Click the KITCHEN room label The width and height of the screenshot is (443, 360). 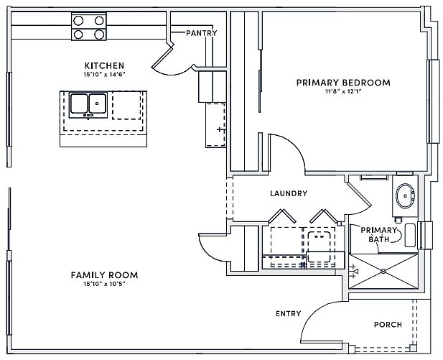pos(104,65)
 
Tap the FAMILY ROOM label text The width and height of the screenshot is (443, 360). pos(104,275)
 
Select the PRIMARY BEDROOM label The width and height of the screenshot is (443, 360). pos(343,83)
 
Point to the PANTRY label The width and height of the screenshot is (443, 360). pos(202,33)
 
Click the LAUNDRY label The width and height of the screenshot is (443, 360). pos(289,193)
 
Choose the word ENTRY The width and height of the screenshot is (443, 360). pos(289,313)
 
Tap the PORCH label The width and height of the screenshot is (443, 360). pos(388,325)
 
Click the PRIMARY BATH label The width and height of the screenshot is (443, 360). pos(379,234)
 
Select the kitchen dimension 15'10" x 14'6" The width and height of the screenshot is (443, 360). pos(104,75)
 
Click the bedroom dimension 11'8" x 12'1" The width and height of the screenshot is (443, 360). pos(343,92)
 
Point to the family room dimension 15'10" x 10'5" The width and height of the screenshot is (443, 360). pos(104,284)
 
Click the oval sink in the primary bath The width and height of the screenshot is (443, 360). pos(405,195)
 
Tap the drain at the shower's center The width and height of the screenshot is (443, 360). pos(383,271)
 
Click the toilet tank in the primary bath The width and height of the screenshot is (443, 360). pos(410,235)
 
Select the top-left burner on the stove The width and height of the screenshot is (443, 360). pos(78,20)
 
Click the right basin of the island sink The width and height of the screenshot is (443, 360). pos(98,103)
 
